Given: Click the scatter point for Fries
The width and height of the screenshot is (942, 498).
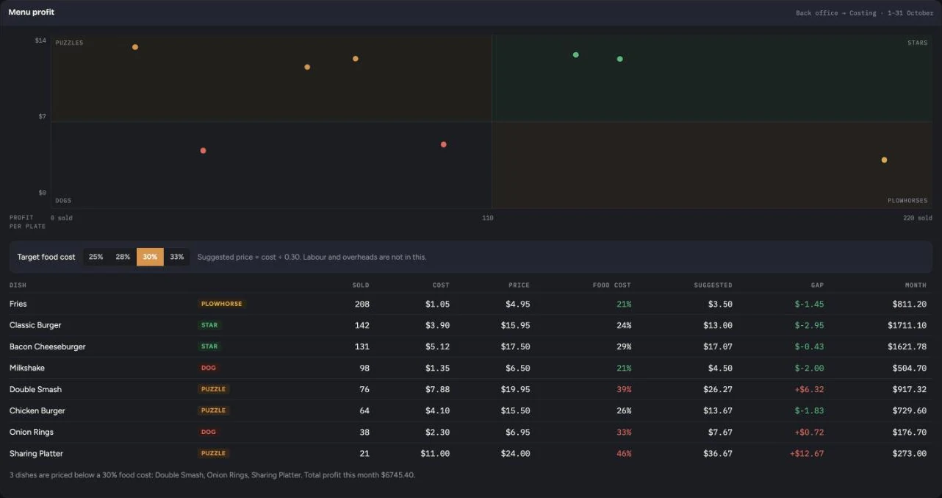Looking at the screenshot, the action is tap(884, 160).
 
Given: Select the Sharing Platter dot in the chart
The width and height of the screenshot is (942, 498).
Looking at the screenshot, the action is tap(135, 47).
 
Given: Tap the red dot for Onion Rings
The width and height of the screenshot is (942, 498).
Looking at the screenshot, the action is tap(203, 151).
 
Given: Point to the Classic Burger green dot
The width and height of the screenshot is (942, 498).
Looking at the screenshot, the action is tap(620, 59).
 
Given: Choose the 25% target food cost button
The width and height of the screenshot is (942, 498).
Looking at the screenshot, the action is tap(96, 257).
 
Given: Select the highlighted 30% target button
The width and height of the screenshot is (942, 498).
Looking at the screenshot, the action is tap(150, 257).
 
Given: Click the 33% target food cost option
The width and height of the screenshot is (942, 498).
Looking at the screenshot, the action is tap(176, 257).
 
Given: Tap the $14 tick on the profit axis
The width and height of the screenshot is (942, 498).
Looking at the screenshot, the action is tap(40, 40).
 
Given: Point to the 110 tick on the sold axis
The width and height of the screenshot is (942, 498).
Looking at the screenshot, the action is tap(488, 218).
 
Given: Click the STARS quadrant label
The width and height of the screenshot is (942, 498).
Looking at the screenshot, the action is tap(917, 43).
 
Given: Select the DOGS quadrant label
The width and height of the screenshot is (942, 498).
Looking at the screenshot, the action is tap(63, 201).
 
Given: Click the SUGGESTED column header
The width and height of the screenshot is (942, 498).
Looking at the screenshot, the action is tap(713, 285).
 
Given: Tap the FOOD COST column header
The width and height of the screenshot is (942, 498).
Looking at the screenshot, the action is tap(612, 285).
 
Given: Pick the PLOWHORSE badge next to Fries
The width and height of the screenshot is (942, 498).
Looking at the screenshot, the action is tap(222, 304).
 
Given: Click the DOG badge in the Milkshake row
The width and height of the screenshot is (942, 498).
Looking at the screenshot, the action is tap(208, 368).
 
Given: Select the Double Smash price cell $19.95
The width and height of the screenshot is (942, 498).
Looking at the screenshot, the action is tap(515, 389).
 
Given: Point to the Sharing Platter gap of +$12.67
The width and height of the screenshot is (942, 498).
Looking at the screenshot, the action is tap(807, 453).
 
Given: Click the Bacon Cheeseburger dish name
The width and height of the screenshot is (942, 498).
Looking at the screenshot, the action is tap(48, 346).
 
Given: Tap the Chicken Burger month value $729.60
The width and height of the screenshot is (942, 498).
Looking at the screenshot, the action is tap(909, 410).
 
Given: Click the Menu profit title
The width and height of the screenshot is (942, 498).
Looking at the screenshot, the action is tap(32, 13).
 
